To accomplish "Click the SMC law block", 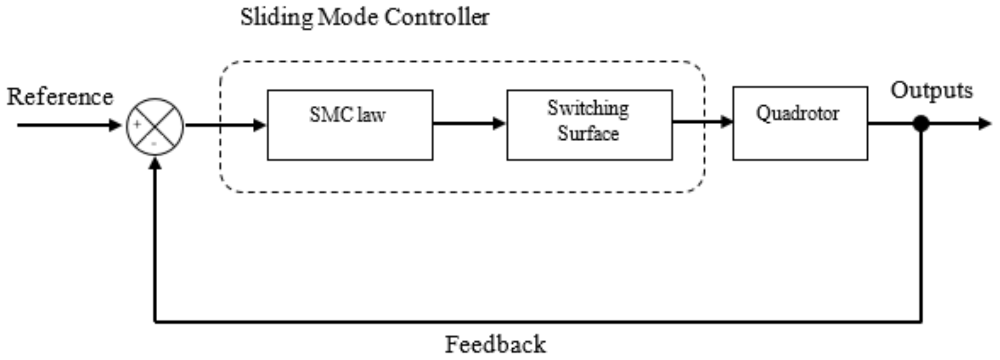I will (x=350, y=125).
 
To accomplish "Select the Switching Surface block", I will (x=589, y=125).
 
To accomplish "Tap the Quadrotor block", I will (x=800, y=123).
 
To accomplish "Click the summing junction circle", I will (x=155, y=126).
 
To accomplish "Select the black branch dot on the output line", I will (x=921, y=124).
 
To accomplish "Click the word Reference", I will (x=60, y=97).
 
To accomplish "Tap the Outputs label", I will (x=931, y=90).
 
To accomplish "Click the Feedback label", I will (x=495, y=344).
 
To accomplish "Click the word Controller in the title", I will (x=437, y=17).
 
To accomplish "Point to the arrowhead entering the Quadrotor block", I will (x=726, y=122).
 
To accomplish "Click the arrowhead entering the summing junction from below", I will (x=155, y=163).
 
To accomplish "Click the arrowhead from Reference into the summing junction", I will (x=115, y=125).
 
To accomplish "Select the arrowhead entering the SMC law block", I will (x=259, y=125).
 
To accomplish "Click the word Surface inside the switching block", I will (x=588, y=134).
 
